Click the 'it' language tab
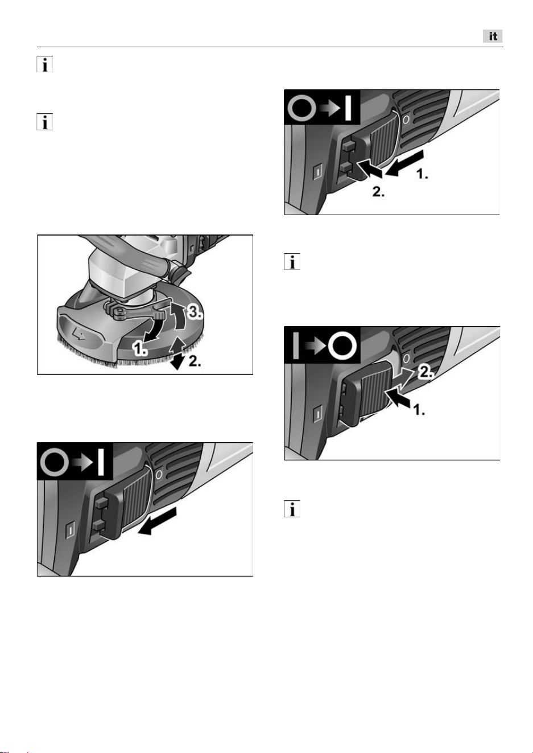pyautogui.click(x=493, y=36)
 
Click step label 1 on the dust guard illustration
pyautogui.click(x=140, y=348)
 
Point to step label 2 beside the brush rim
pyautogui.click(x=195, y=361)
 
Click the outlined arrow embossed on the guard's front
pyautogui.click(x=79, y=334)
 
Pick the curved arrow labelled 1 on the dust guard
pyautogui.click(x=154, y=331)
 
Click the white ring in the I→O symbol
pyautogui.click(x=342, y=346)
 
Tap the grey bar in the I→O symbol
pyautogui.click(x=296, y=346)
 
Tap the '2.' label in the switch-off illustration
pyautogui.click(x=425, y=372)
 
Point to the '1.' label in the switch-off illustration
pyautogui.click(x=419, y=410)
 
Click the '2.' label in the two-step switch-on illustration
pyautogui.click(x=378, y=192)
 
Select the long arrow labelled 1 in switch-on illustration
pyautogui.click(x=405, y=163)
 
